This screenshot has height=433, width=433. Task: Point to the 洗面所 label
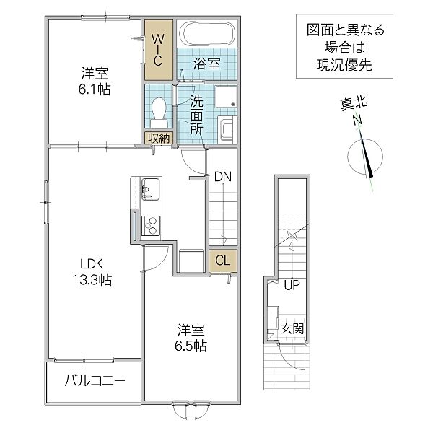(x=196, y=114)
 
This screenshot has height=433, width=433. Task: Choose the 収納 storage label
(x=159, y=138)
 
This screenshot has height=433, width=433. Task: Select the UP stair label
(x=291, y=284)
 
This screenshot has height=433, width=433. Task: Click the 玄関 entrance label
(x=292, y=329)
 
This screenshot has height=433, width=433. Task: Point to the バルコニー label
(x=94, y=381)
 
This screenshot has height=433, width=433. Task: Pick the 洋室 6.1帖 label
(x=95, y=81)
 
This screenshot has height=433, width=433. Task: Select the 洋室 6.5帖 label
(x=192, y=338)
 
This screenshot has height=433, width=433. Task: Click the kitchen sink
(x=150, y=189)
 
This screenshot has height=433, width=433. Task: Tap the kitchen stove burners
(x=152, y=225)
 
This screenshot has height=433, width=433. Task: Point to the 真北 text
(x=354, y=105)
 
